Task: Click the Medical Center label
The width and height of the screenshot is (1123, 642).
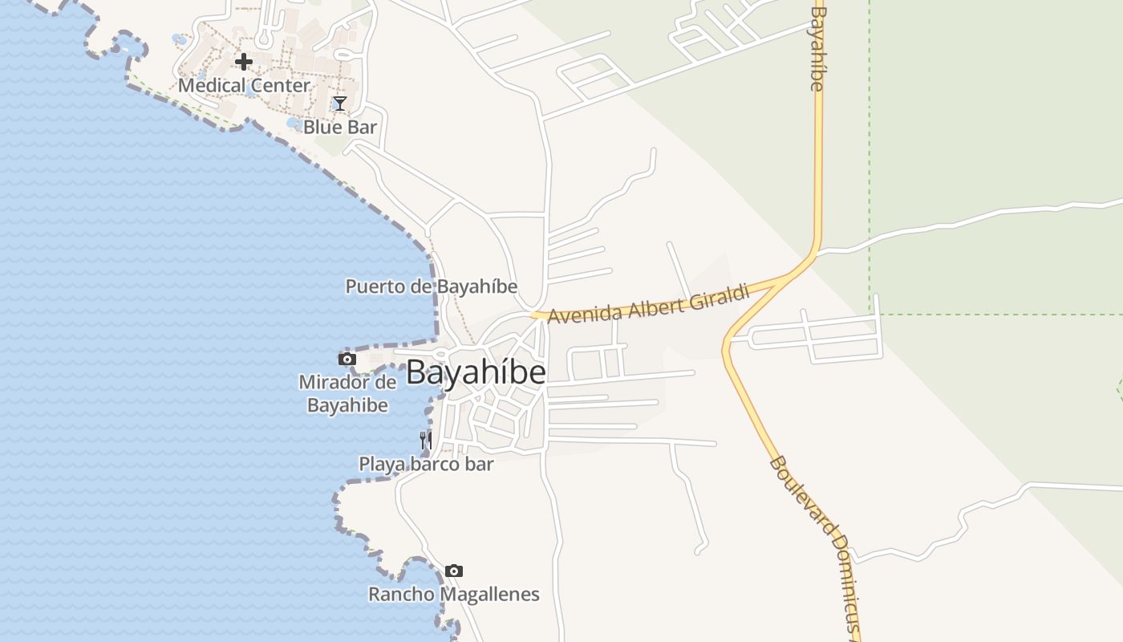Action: (244, 85)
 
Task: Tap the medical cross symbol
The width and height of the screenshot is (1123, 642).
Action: (244, 62)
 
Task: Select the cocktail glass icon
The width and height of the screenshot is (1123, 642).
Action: (340, 103)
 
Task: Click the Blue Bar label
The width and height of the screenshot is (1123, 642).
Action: (340, 127)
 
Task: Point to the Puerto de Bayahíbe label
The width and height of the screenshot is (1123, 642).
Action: (432, 286)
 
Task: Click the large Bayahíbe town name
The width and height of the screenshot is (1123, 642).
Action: (476, 372)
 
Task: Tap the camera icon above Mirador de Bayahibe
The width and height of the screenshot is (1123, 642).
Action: (347, 359)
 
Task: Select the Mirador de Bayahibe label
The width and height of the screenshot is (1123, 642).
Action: (348, 393)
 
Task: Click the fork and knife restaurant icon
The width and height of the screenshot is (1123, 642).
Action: (426, 440)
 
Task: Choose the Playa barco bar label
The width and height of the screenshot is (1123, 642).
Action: (426, 464)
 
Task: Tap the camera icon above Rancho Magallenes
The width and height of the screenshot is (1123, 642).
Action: (454, 571)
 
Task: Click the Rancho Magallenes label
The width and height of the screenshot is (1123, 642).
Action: (454, 595)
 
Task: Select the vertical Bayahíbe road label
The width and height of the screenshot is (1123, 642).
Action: (817, 48)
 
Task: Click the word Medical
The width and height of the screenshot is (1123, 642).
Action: (210, 85)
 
